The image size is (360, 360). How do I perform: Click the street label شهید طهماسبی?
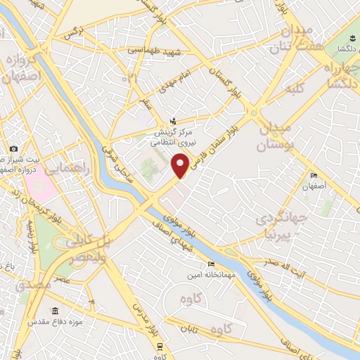tap(154, 51)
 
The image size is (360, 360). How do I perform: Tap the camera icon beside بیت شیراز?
tap(14, 148)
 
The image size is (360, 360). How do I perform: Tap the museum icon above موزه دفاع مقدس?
tap(54, 311)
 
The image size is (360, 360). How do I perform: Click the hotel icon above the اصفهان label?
tap(314, 176)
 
